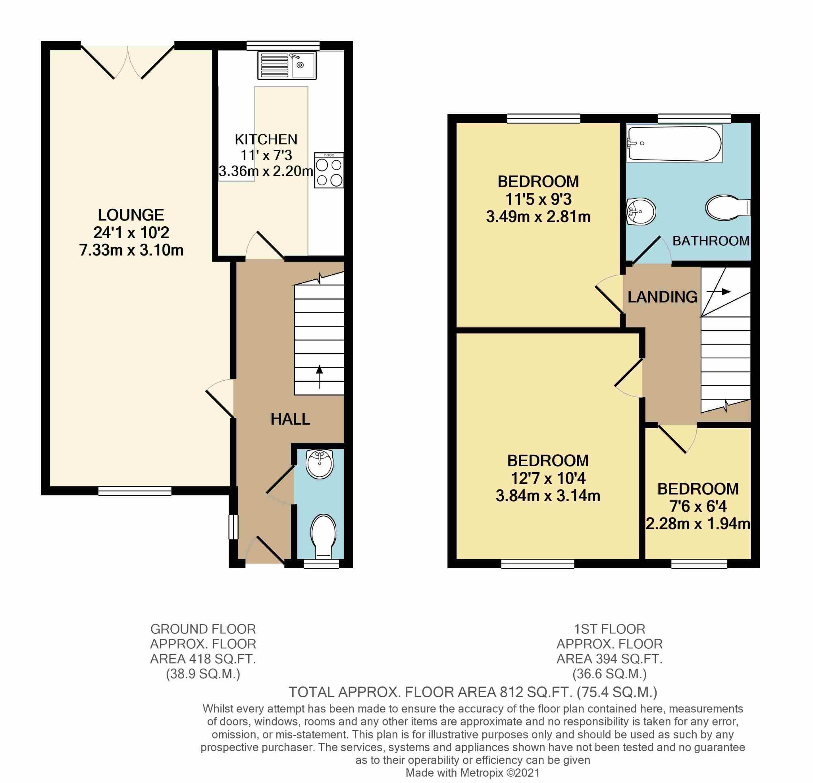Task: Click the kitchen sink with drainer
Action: pos(286,65)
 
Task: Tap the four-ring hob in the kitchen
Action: pos(329,171)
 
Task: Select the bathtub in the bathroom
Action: pos(674,144)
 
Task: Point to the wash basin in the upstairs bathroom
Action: pos(640,212)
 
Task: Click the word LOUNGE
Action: pos(131,215)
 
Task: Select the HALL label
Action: pos(290,419)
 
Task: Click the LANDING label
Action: pos(663,297)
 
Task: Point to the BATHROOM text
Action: pos(711,241)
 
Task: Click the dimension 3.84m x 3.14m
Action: pos(547,496)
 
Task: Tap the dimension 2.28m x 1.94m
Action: pos(698,524)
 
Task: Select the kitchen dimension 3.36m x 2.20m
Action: pos(266,171)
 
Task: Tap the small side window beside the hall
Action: pos(233,527)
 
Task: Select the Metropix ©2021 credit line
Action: pos(473,773)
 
